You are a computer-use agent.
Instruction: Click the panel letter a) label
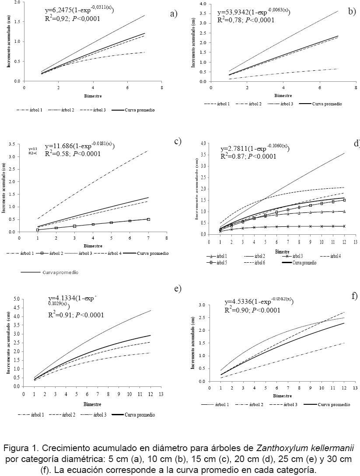(x=174, y=14)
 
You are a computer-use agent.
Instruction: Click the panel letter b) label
(x=352, y=11)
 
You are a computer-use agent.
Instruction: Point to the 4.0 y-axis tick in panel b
(x=203, y=4)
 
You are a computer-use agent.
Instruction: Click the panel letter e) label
(x=177, y=289)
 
